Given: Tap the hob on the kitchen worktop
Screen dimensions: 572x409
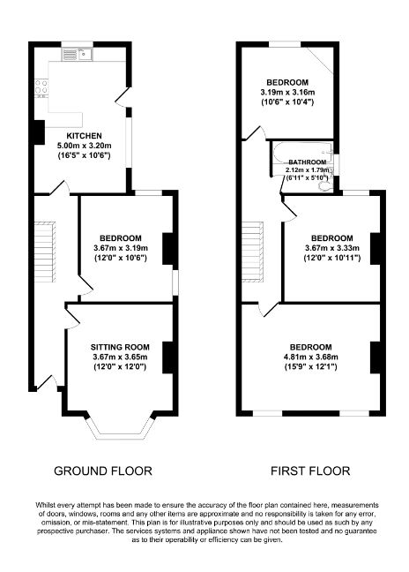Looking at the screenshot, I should point(41,88).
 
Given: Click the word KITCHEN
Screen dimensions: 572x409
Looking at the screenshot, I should point(84,135).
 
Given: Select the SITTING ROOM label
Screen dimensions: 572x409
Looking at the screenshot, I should point(121,346).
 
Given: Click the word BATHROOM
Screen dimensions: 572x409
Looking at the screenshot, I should point(308,162).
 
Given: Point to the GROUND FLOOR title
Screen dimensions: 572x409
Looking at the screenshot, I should point(103,470).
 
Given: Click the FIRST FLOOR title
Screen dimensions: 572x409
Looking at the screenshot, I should point(310,470).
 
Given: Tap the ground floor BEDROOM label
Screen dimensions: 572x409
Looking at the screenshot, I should point(121,238).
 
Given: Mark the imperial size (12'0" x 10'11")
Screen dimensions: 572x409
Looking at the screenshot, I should point(331,259).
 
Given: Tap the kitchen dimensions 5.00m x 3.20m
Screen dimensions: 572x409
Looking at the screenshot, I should point(84,145).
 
